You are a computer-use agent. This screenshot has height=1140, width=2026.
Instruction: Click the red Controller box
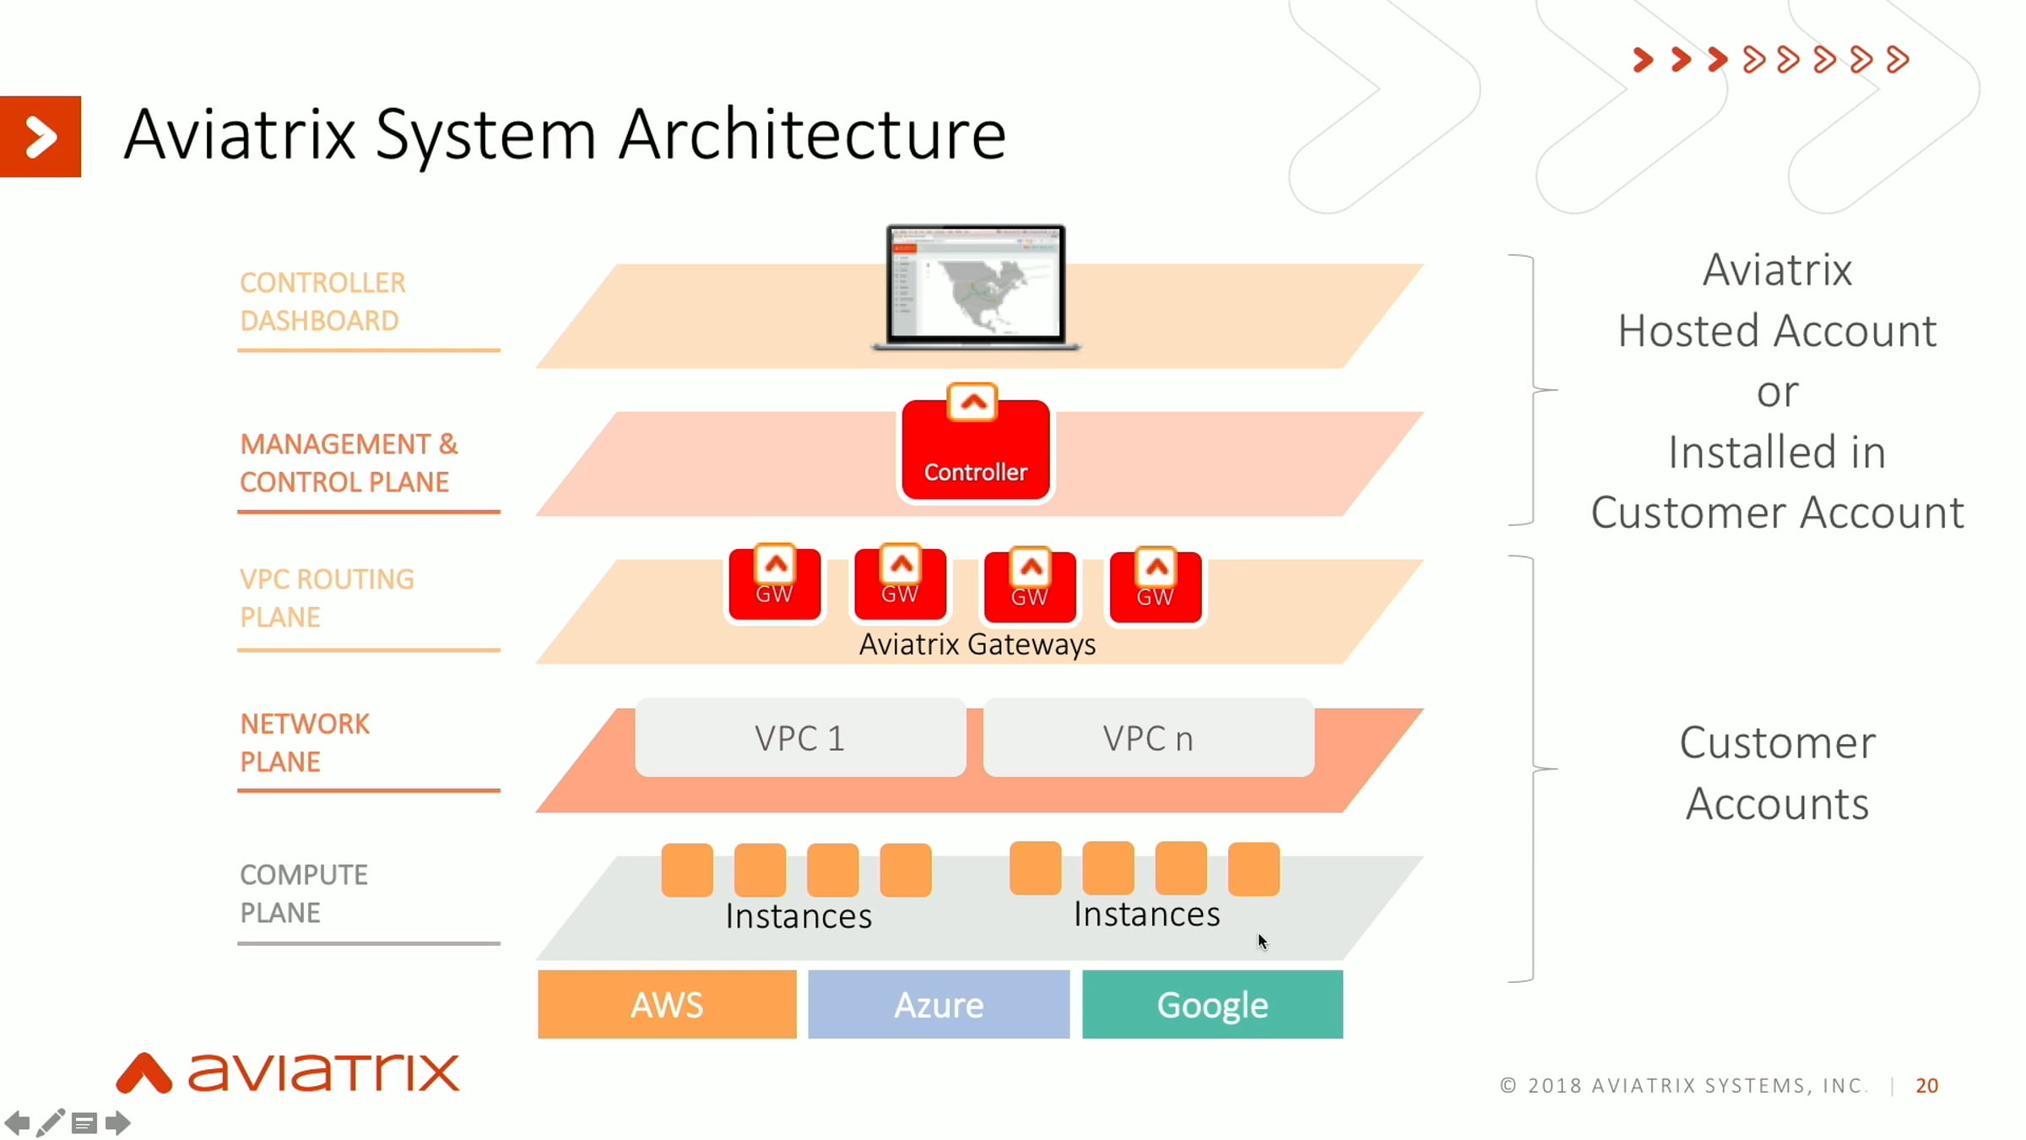point(975,450)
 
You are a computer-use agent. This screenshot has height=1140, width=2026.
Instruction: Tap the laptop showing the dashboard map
point(975,285)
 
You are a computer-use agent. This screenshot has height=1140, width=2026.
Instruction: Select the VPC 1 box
point(799,738)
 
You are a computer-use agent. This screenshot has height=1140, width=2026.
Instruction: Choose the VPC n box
point(1148,738)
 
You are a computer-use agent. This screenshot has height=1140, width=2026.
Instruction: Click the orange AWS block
point(666,1004)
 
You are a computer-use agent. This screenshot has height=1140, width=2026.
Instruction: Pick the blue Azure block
point(938,1004)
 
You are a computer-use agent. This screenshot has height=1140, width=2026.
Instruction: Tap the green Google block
point(1212,1004)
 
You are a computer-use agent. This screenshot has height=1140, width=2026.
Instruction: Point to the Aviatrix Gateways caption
point(977,644)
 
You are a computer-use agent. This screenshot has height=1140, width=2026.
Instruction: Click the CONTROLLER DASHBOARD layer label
point(322,301)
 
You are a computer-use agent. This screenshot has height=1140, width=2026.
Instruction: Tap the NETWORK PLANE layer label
point(305,742)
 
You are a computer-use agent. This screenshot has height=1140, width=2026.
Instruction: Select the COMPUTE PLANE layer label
point(304,893)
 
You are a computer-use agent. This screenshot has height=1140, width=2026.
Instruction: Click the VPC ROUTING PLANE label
point(327,598)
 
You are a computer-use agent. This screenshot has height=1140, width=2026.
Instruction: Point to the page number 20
point(1926,1085)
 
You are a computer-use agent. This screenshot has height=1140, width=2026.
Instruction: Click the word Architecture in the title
point(812,134)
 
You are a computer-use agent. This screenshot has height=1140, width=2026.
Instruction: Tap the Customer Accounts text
point(1777,773)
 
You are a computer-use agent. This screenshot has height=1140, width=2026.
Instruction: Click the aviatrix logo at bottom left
point(288,1072)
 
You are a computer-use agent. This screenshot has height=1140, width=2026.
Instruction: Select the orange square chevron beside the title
point(41,137)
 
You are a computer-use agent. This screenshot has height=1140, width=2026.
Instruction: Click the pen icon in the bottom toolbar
point(50,1123)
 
